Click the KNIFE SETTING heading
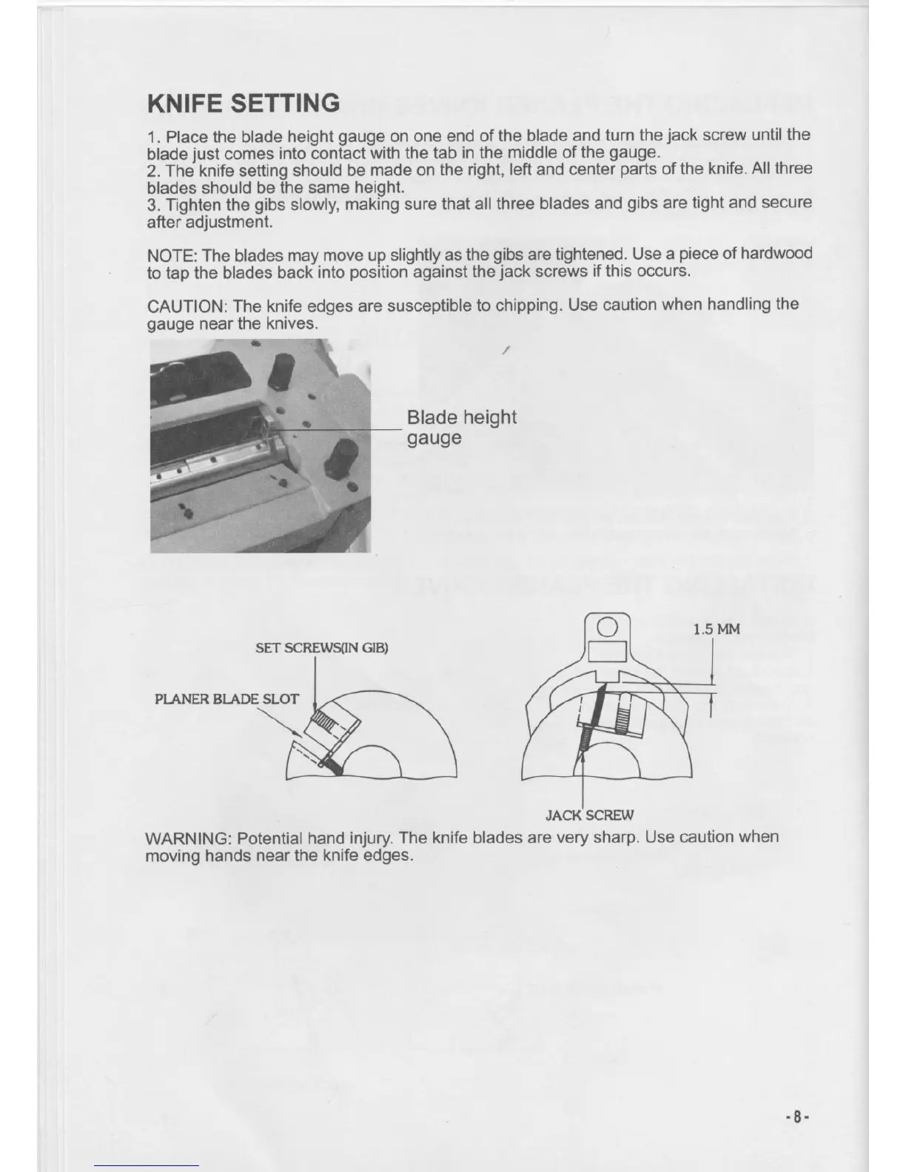tap(244, 102)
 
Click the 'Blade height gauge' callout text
tap(461, 427)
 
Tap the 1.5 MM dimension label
tap(717, 629)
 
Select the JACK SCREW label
tap(589, 815)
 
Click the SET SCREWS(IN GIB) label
tap(321, 648)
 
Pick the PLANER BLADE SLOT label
tap(226, 699)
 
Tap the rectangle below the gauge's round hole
tap(607, 654)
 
